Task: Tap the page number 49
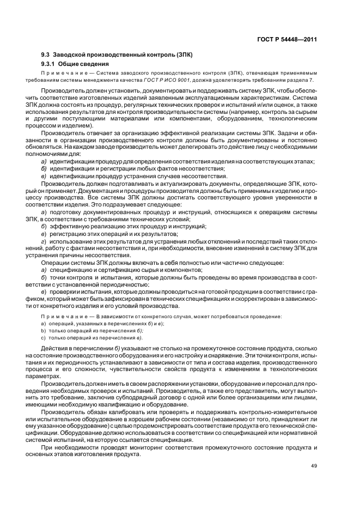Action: coord(314,466)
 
